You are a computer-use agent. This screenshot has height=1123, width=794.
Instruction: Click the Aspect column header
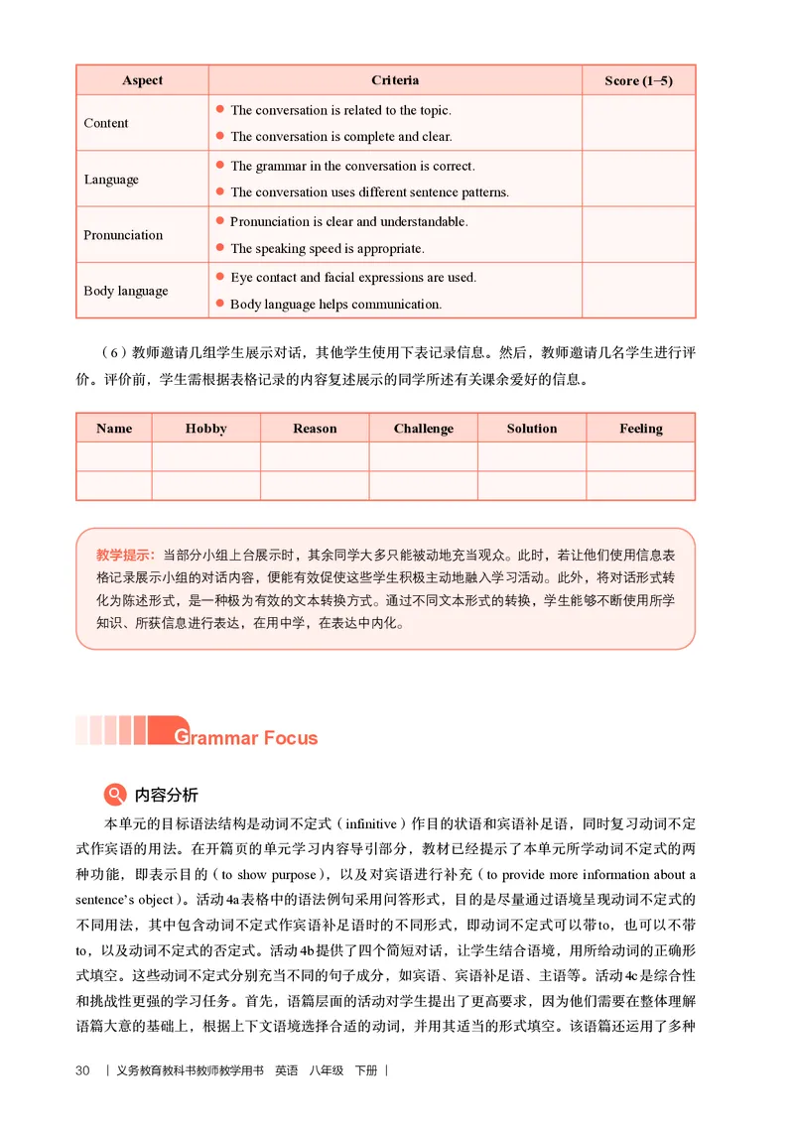tap(142, 80)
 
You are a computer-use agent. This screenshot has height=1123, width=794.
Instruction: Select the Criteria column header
tap(395, 80)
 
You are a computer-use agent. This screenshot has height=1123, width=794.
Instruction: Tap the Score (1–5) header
tap(638, 80)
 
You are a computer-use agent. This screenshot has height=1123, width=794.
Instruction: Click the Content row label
tap(106, 123)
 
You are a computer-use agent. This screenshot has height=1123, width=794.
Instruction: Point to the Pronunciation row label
tap(123, 235)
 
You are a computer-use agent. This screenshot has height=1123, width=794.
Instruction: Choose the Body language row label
tap(126, 291)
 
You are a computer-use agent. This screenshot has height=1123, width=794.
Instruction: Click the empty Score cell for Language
tap(638, 179)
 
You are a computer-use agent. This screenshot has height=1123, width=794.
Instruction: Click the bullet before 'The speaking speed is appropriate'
tap(219, 248)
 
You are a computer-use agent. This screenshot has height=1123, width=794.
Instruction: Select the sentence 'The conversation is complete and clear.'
tap(340, 137)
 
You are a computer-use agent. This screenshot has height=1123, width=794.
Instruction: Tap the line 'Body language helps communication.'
tap(335, 305)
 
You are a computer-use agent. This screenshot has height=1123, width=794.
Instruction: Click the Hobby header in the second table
tap(205, 429)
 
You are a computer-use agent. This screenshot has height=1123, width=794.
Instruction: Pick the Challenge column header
tap(423, 429)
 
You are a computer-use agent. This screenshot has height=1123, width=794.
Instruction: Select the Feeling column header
tap(640, 429)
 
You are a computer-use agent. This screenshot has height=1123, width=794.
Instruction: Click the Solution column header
tap(531, 429)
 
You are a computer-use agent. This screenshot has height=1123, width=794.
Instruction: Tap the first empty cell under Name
tap(114, 456)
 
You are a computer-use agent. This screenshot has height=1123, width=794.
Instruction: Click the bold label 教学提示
tap(124, 554)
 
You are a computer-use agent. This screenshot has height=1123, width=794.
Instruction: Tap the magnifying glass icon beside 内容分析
tap(115, 795)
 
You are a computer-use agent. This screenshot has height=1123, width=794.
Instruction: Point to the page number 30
tap(82, 1070)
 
